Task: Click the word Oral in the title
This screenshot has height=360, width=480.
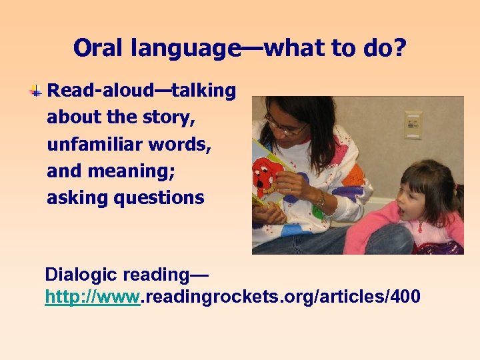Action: tap(99, 48)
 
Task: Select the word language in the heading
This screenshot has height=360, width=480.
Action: tap(186, 49)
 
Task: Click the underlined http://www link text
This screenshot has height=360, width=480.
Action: tap(92, 296)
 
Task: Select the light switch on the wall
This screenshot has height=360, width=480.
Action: tap(413, 124)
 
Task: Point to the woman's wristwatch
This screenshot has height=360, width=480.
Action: tap(321, 199)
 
